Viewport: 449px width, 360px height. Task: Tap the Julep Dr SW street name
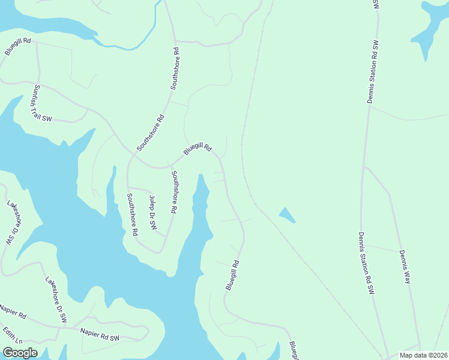[x=152, y=214]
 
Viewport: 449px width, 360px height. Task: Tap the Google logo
[x=20, y=352]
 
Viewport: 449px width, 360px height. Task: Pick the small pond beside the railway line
[x=287, y=215]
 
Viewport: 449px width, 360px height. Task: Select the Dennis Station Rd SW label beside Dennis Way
[x=367, y=263]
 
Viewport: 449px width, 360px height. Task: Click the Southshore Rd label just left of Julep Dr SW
[x=131, y=214]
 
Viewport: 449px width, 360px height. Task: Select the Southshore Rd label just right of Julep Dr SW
[x=174, y=193]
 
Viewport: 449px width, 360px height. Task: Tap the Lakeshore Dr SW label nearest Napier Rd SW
[x=55, y=300]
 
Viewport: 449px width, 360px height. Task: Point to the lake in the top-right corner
[x=432, y=27]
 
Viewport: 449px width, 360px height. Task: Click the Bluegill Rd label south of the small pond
[x=233, y=275]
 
